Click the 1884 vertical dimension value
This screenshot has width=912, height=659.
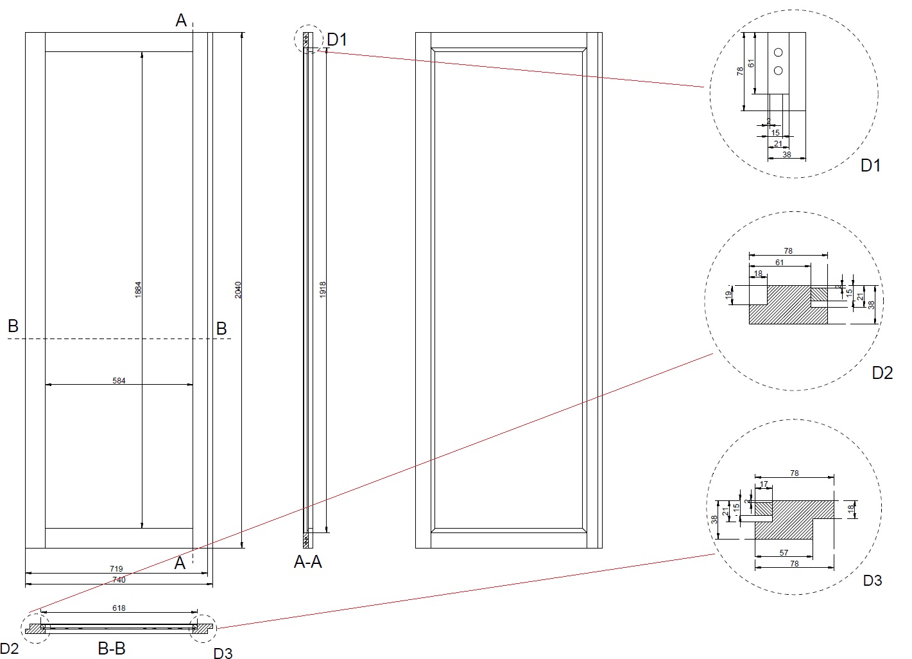pos(138,289)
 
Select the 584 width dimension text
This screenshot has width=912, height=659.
pos(119,381)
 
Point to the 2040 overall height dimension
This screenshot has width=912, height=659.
pos(237,289)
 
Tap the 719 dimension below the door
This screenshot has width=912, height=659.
pos(116,569)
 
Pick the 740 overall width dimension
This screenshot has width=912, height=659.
pos(119,580)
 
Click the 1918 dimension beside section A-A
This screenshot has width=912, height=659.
pos(323,288)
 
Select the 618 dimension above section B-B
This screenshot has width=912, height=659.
pos(119,608)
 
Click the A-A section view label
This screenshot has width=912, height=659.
pos(307,563)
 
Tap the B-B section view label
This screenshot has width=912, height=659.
pos(111,649)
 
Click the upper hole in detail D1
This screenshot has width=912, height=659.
pos(779,52)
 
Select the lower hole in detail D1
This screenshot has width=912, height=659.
pos(779,70)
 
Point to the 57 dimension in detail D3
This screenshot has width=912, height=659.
pos(784,552)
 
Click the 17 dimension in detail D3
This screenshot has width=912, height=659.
pos(764,484)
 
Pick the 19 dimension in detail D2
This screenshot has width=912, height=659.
pos(728,295)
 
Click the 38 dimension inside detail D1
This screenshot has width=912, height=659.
pos(786,155)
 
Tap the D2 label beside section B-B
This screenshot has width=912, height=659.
pos(9,649)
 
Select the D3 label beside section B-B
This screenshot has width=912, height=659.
pos(223,653)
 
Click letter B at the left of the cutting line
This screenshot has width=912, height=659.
pos(13,326)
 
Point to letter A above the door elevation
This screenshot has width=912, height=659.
pos(181,21)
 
